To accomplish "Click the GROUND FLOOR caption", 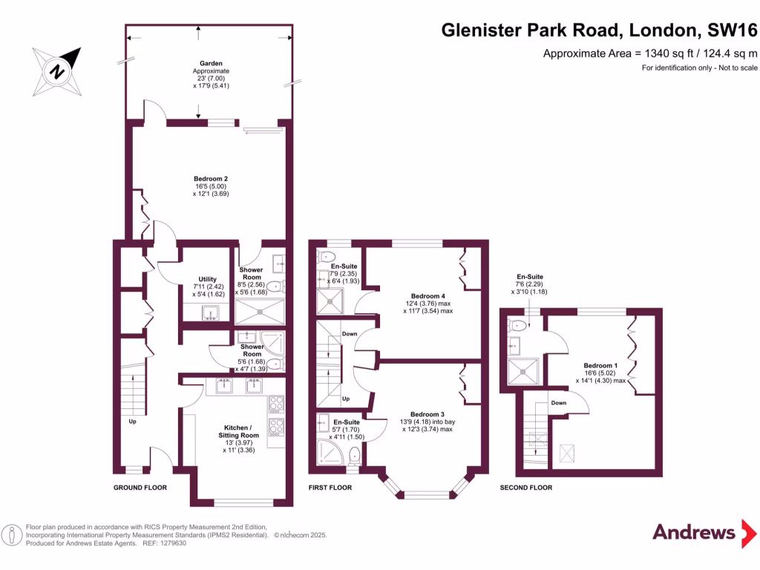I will pyautogui.click(x=140, y=488).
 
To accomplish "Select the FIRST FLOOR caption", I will pyautogui.click(x=331, y=488).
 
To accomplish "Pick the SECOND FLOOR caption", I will pyautogui.click(x=525, y=488).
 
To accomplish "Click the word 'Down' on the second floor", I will pyautogui.click(x=559, y=403).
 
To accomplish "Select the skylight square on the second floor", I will pyautogui.click(x=568, y=452).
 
